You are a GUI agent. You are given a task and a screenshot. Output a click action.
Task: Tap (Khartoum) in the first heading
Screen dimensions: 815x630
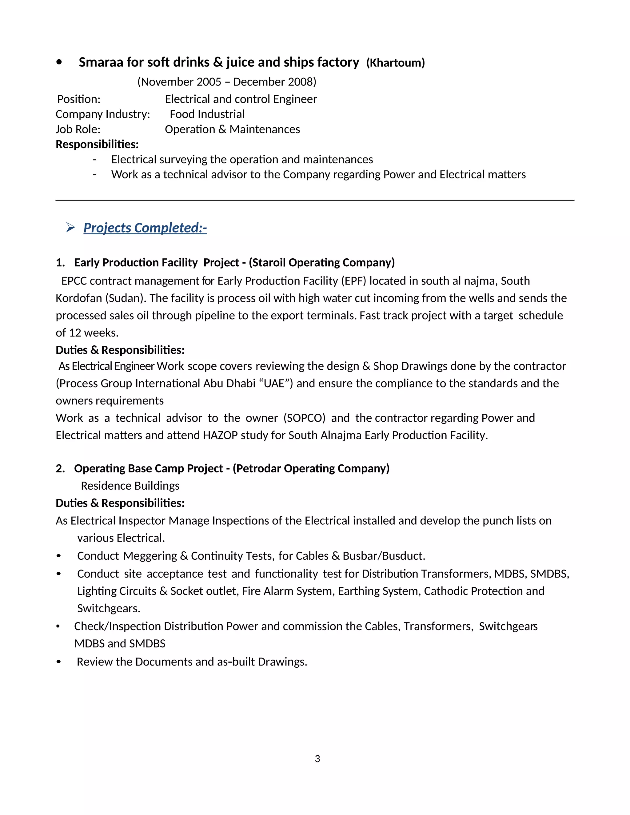(x=395, y=63)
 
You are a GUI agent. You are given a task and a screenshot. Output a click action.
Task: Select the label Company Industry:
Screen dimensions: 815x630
(x=103, y=114)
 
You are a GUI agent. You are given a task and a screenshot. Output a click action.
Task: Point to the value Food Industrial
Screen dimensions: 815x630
(x=207, y=114)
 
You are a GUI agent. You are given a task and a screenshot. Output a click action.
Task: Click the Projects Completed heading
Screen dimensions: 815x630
(x=145, y=228)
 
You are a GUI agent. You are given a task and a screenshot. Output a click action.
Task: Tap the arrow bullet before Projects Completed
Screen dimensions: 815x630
(x=70, y=227)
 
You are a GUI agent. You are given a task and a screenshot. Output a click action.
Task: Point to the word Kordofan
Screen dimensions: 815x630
(x=79, y=298)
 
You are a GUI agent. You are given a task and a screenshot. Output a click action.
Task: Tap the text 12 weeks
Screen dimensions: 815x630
(x=93, y=332)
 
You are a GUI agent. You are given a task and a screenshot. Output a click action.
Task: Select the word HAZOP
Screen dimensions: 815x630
(x=220, y=435)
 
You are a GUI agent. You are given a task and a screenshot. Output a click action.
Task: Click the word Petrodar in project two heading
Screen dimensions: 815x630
(x=259, y=468)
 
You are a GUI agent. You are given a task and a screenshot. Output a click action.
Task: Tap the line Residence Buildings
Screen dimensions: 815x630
(x=130, y=486)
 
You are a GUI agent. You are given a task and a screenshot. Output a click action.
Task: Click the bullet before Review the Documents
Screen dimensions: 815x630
(x=58, y=662)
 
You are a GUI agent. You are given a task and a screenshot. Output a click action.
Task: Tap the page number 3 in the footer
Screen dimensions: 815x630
(x=317, y=759)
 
